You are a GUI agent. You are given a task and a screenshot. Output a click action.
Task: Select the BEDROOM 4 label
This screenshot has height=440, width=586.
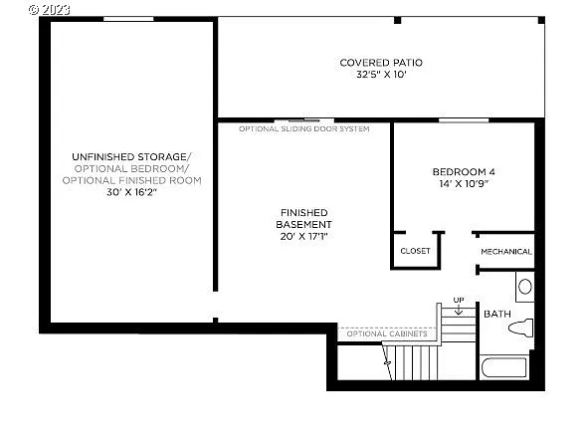coord(463,171)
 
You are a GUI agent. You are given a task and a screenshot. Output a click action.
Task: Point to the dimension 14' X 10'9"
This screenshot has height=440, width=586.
coord(463,184)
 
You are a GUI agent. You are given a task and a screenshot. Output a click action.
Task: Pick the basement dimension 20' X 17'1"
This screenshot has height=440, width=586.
coord(304,237)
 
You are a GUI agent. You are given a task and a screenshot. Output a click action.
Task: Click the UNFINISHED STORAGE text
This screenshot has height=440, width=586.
coord(131,156)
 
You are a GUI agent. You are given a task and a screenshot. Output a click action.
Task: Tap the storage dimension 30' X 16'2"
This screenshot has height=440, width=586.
coord(131,192)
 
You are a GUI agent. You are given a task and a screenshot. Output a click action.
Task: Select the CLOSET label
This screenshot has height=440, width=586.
coord(415,251)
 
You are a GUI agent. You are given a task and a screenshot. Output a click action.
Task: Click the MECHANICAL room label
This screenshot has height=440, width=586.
coord(506,252)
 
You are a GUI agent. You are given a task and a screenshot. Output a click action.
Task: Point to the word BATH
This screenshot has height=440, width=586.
coord(496,315)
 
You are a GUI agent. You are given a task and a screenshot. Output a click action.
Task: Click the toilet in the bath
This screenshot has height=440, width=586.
coord(521,329)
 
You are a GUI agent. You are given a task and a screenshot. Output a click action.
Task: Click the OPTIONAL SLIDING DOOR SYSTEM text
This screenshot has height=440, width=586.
coord(303,129)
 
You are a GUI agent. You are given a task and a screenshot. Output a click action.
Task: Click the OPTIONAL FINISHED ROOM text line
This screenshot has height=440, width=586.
coord(131,180)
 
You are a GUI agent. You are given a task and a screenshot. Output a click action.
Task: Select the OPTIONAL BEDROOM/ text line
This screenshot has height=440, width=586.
coord(131,168)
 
